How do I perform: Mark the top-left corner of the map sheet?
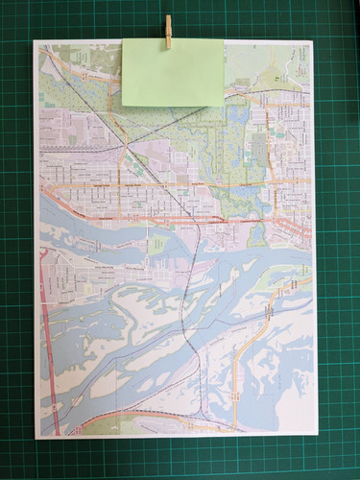point(35,41)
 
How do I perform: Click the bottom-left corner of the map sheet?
point(36,438)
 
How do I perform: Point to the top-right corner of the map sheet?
point(313,41)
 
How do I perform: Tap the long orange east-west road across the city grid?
point(173,182)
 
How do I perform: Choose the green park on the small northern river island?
point(158,245)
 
